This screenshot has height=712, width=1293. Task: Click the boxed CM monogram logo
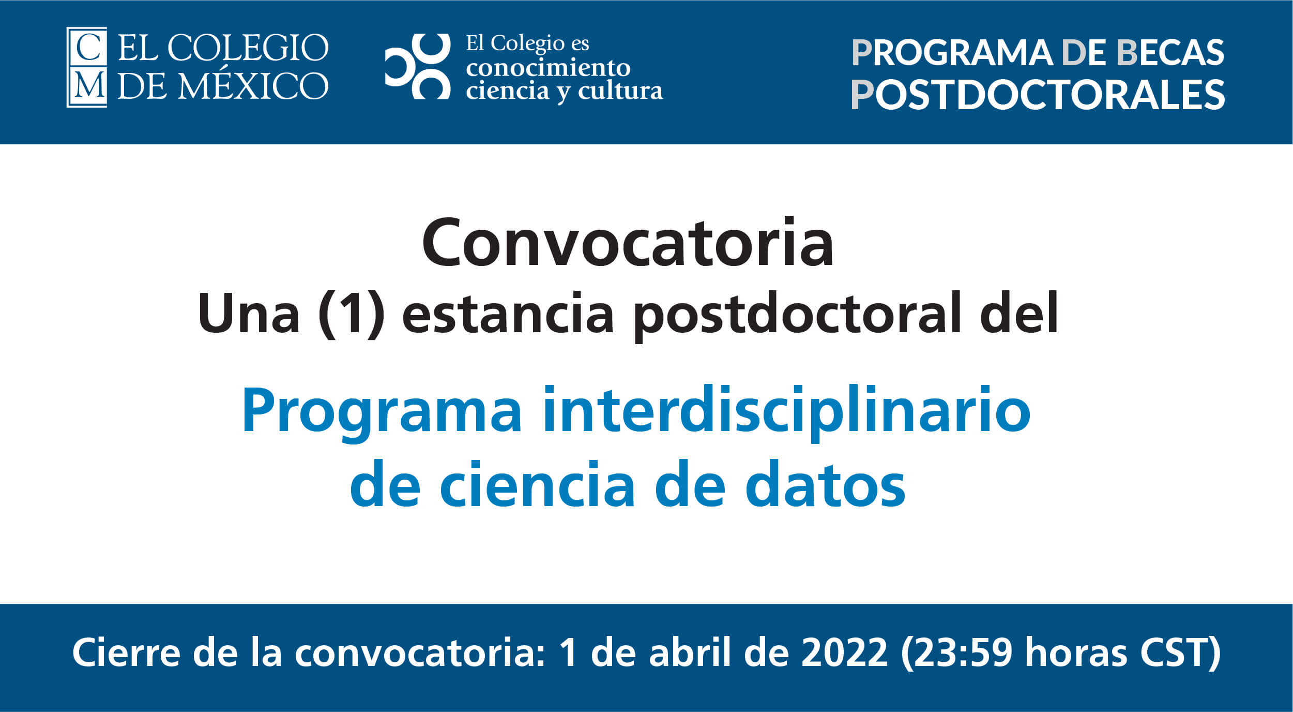pos(87,67)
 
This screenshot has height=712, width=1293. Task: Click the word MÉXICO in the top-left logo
pos(253,85)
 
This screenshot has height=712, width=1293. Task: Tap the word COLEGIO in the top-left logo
pos(248,48)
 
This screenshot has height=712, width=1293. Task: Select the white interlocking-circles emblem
pos(418,66)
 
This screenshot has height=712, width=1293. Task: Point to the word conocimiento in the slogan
pos(548,68)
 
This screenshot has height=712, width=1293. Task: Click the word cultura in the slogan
pos(620,91)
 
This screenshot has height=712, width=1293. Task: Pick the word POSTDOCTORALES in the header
pos(1038,95)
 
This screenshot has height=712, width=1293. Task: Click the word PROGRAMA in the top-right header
pos(952,53)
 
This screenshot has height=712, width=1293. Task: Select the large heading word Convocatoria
pos(628,242)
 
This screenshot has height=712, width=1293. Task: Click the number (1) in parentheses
pos(352,314)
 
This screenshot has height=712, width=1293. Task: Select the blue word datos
pos(826,484)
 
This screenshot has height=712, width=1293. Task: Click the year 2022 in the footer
pos(844,652)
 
